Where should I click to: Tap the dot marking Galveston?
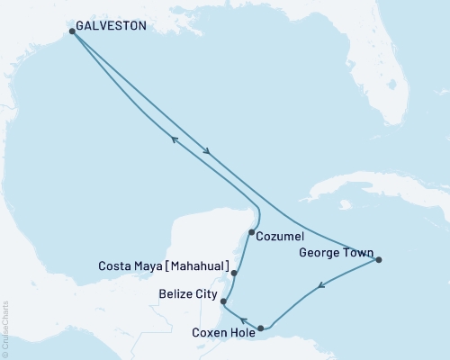72,31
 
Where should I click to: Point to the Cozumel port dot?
252,232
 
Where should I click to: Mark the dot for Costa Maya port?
234,273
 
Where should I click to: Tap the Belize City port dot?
223,301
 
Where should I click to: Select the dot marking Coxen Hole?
261,328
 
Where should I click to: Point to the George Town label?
334,255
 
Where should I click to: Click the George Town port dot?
379,260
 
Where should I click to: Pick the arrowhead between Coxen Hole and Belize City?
242,319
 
